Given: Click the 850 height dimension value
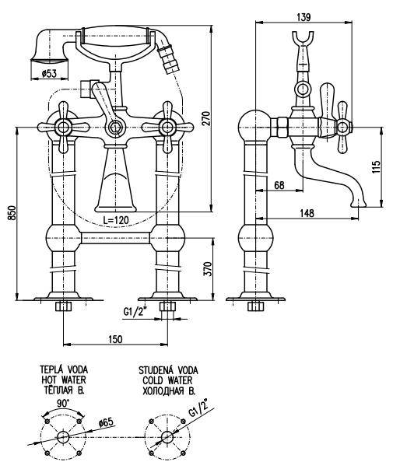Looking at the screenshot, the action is (12, 212).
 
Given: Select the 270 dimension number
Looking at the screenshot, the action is (206, 118).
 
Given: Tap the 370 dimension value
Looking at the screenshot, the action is (208, 269).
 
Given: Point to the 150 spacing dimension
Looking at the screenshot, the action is (115, 339).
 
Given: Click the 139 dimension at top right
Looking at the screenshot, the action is (303, 17).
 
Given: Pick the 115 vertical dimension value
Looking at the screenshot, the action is (377, 166).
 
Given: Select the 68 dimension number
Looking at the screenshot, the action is (279, 185).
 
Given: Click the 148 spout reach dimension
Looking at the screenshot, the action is (307, 213).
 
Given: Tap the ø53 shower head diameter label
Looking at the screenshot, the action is (49, 73).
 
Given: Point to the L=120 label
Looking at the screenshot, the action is (116, 220).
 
